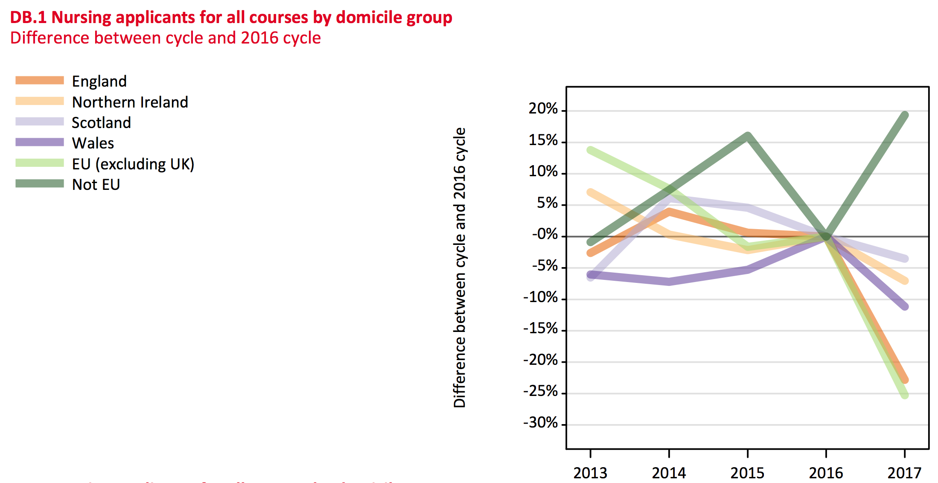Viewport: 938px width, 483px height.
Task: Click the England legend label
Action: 99,81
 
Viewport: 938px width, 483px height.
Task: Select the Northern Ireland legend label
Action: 130,102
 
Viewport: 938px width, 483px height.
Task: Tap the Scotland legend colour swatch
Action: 40,122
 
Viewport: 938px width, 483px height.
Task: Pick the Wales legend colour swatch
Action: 40,142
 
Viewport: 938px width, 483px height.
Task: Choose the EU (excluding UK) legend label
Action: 133,164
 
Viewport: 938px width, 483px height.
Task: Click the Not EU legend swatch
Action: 40,183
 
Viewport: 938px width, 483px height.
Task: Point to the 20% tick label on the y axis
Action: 543,109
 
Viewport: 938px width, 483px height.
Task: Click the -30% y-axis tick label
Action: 540,423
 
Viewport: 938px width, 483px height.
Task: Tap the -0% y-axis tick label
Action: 545,234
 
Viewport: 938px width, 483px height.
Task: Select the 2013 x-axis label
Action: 590,473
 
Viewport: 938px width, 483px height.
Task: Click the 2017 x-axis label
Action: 904,473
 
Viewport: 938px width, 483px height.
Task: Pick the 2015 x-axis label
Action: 747,473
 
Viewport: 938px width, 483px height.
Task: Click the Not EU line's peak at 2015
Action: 748,136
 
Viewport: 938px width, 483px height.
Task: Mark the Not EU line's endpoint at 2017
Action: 905,115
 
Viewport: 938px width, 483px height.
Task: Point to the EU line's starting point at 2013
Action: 591,150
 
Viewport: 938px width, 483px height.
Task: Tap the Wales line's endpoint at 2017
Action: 905,306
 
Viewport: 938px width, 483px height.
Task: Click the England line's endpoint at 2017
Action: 905,379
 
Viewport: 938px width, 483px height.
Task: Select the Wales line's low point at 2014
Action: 669,282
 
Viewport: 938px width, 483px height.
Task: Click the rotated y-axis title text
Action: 460,268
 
